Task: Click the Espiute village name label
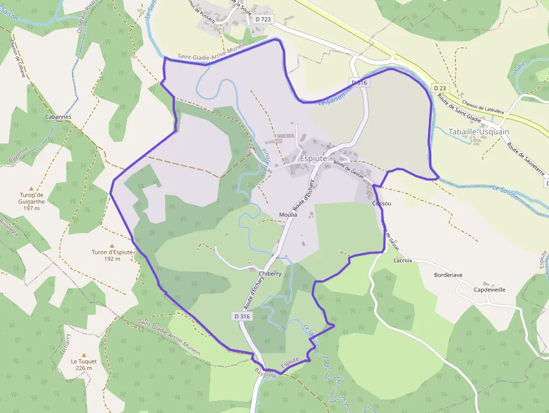[x=314, y=159]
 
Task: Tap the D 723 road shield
[x=263, y=19]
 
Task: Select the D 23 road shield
[x=440, y=88]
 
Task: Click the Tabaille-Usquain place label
[x=479, y=132]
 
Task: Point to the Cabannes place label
[x=58, y=117]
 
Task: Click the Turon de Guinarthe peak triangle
[x=31, y=188]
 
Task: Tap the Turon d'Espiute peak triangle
[x=112, y=245]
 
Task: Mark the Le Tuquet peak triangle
[x=84, y=355]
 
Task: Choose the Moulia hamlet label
[x=288, y=215]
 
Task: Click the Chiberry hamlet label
[x=270, y=273]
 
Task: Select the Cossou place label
[x=381, y=203]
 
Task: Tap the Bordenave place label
[x=448, y=275]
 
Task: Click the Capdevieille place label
[x=490, y=290]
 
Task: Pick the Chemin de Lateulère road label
[x=484, y=105]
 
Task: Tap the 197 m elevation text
[x=32, y=208]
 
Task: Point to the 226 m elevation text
[x=84, y=368]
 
